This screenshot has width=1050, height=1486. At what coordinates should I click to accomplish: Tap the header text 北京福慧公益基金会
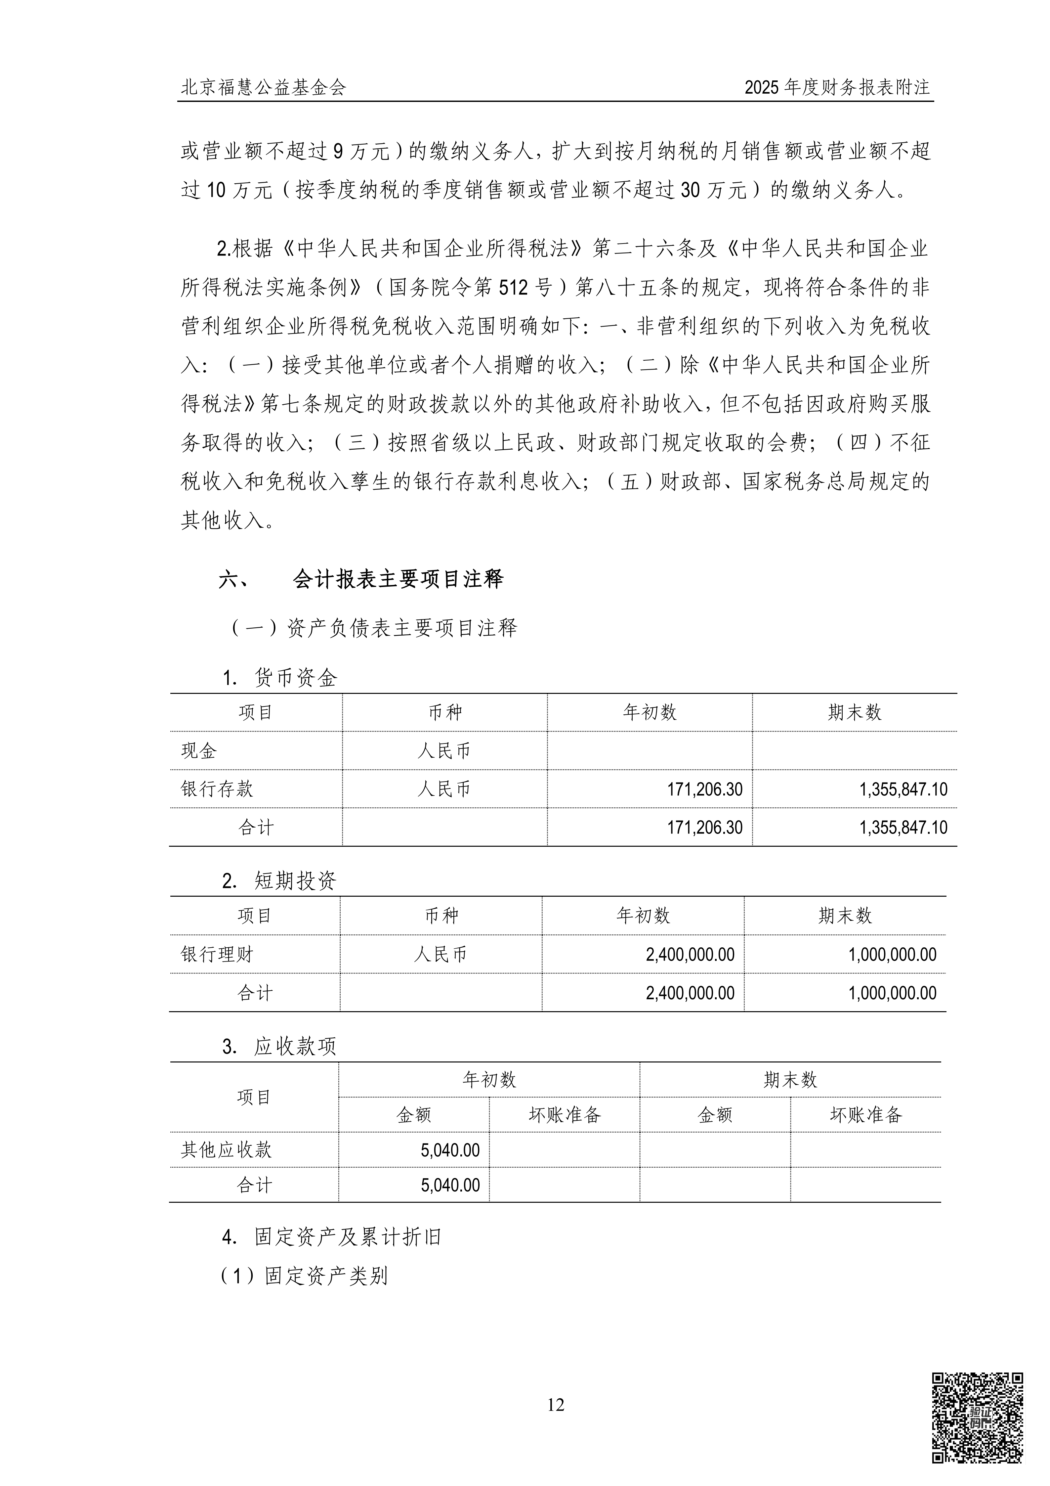tap(263, 87)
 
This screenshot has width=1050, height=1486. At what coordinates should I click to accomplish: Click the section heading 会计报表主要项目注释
tap(397, 579)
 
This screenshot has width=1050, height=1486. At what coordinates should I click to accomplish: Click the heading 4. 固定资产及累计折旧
tap(331, 1237)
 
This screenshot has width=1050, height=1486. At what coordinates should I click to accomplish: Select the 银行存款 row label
tap(217, 789)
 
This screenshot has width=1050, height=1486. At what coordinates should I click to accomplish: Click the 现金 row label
tap(199, 751)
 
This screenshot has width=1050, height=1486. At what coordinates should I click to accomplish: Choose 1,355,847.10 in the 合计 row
tap(903, 828)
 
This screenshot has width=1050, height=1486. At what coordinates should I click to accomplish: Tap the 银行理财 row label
tap(217, 955)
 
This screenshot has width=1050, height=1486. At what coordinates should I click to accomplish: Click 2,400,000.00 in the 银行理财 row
tap(690, 955)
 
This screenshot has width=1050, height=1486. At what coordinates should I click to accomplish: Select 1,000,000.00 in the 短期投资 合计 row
tap(892, 993)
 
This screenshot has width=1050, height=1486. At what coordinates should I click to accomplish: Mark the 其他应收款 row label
tap(226, 1150)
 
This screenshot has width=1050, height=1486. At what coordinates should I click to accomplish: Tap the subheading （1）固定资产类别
tap(304, 1276)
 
